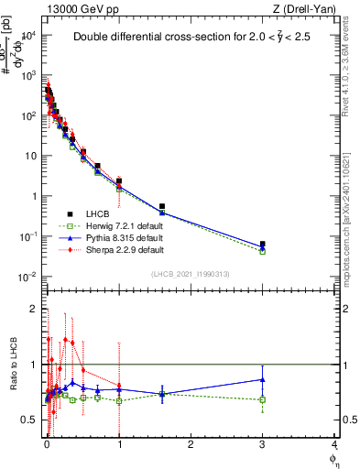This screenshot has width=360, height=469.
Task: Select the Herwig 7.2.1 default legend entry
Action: click(115, 224)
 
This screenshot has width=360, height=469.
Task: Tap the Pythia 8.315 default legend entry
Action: click(115, 237)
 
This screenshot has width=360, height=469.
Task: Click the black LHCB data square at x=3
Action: click(263, 245)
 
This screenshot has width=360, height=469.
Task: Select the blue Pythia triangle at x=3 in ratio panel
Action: click(263, 379)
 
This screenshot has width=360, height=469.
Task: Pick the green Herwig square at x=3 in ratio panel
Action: click(263, 399)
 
